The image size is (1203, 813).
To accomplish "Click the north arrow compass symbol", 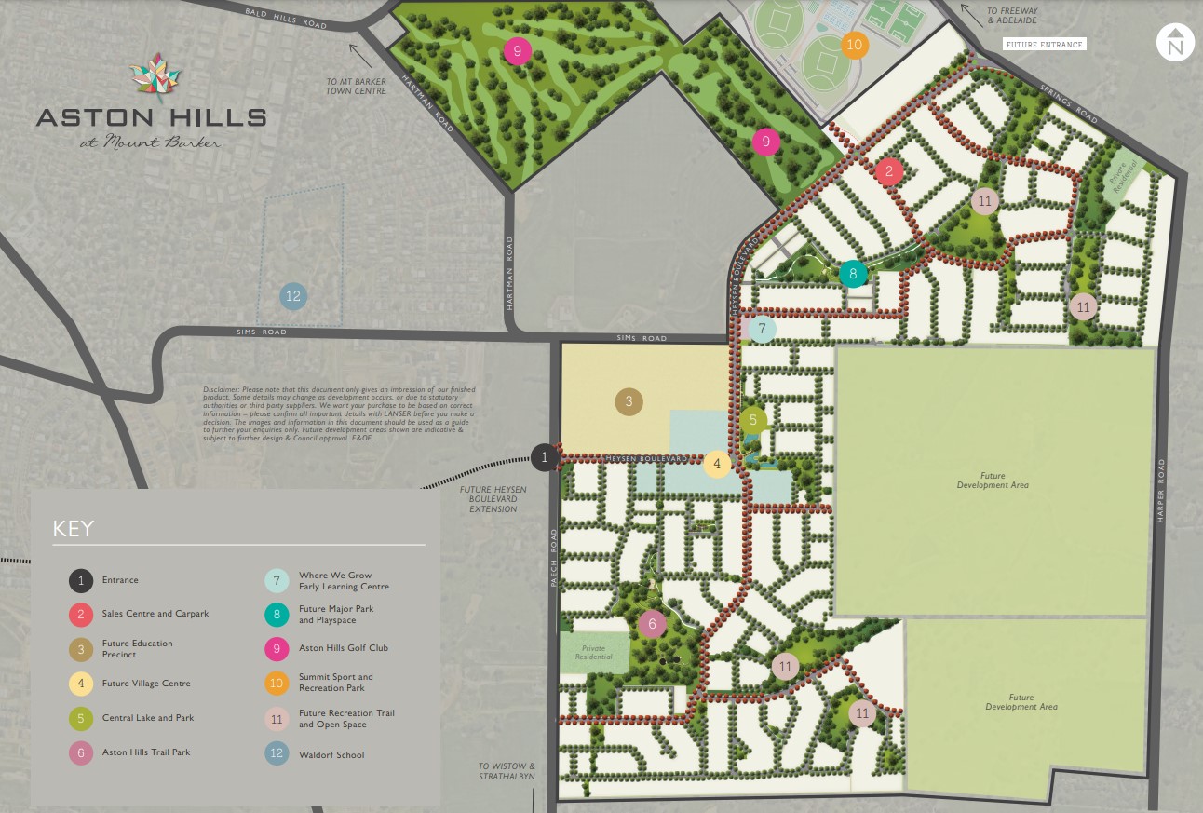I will (x=1174, y=43).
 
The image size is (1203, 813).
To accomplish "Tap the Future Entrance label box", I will (x=1044, y=44).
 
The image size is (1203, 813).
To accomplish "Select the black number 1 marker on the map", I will (x=545, y=456).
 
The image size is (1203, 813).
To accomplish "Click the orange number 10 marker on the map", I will (x=854, y=45).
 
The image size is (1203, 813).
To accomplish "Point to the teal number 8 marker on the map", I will (x=852, y=274).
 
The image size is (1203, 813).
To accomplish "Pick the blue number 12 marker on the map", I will (x=293, y=296).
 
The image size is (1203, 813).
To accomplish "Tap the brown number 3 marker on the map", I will (x=629, y=401).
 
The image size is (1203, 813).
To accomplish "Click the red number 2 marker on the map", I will (x=889, y=170).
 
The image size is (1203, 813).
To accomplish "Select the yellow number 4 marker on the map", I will (x=716, y=464).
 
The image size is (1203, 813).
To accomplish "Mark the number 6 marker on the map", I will (x=653, y=624).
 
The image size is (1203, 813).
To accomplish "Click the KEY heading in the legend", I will (x=74, y=529).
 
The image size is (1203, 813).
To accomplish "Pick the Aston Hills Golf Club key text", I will (x=344, y=647).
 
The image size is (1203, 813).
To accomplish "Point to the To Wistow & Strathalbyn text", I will (x=507, y=771).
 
